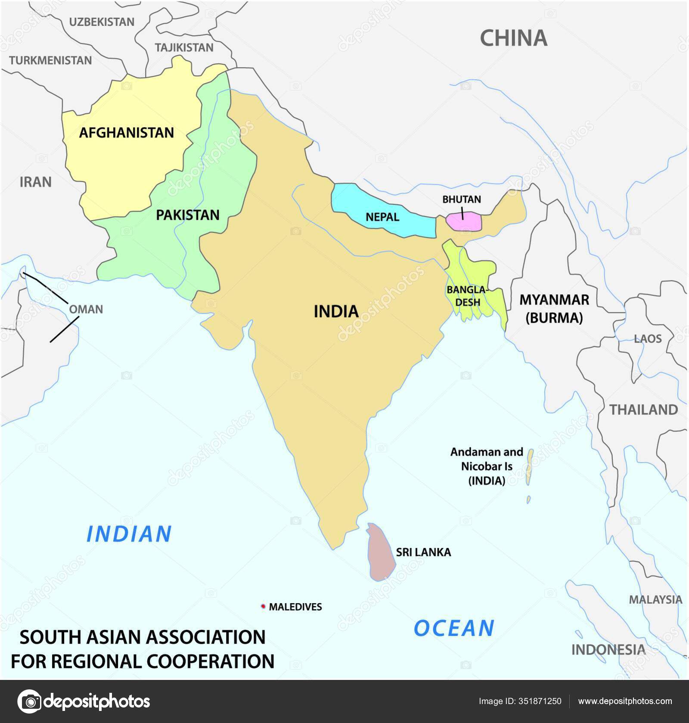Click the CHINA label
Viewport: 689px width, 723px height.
point(513,38)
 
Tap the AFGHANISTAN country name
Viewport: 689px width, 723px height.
point(127,132)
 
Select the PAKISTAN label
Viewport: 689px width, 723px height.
point(187,215)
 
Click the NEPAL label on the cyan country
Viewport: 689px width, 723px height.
point(382,217)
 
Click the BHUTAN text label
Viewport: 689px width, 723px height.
point(462,199)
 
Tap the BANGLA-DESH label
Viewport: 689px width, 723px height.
point(468,296)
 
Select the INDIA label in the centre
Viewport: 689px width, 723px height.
point(336,311)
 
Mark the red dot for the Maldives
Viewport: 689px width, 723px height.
point(263,606)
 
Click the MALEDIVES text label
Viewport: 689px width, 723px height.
point(295,607)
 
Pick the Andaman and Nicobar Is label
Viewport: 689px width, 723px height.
point(486,466)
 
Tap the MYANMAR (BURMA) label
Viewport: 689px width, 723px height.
point(554,309)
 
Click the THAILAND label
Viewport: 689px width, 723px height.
point(643,409)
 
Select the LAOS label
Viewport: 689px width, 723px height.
point(647,338)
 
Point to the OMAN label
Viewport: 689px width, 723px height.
point(86,309)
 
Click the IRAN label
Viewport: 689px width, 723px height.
point(36,182)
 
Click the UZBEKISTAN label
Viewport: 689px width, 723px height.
point(102,22)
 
